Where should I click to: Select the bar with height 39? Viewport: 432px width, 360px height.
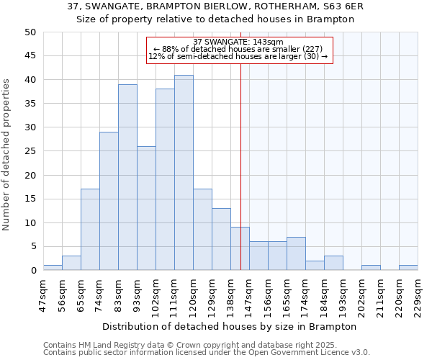(127, 177)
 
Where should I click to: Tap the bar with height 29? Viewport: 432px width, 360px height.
(109, 201)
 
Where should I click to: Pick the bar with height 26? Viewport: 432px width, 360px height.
(146, 208)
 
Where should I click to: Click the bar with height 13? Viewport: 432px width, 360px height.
(221, 239)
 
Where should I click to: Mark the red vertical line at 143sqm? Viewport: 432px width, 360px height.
(240, 166)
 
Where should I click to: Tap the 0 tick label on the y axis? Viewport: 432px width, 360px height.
(33, 271)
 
